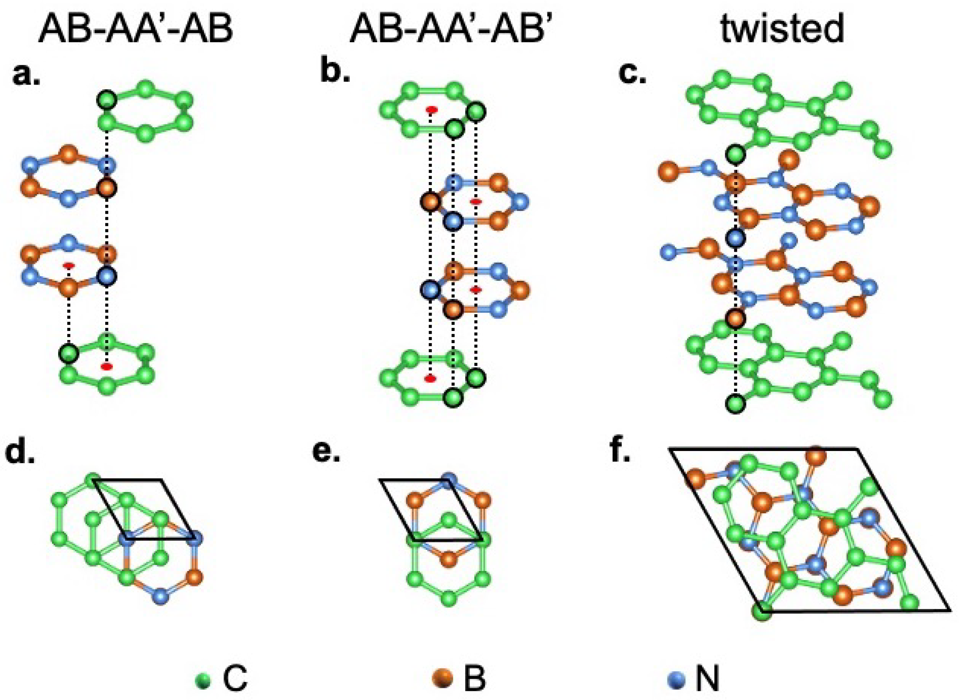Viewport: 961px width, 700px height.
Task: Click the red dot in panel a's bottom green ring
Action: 106,366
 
